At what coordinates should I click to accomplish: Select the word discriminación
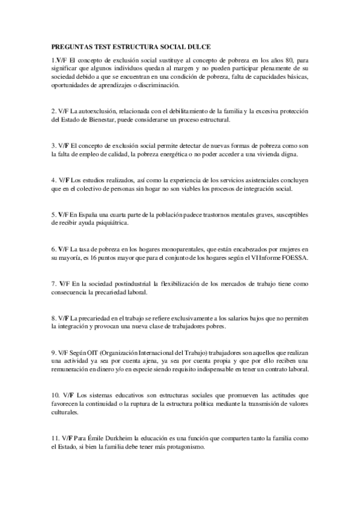(x=159, y=86)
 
